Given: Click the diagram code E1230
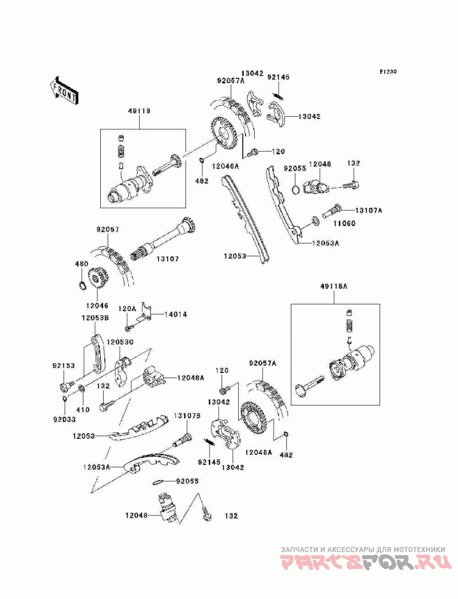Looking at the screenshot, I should click(x=387, y=73).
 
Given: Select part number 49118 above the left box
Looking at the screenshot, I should click(x=139, y=111).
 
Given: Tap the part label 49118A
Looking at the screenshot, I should click(x=334, y=287).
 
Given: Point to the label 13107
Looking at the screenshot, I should click(x=168, y=259).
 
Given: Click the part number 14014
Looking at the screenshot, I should click(x=176, y=314).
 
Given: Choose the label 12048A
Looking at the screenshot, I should click(x=190, y=378).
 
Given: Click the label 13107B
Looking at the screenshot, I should click(x=186, y=416).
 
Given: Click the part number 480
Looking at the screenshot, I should click(x=81, y=264).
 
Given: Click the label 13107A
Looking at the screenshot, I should click(x=368, y=210).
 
